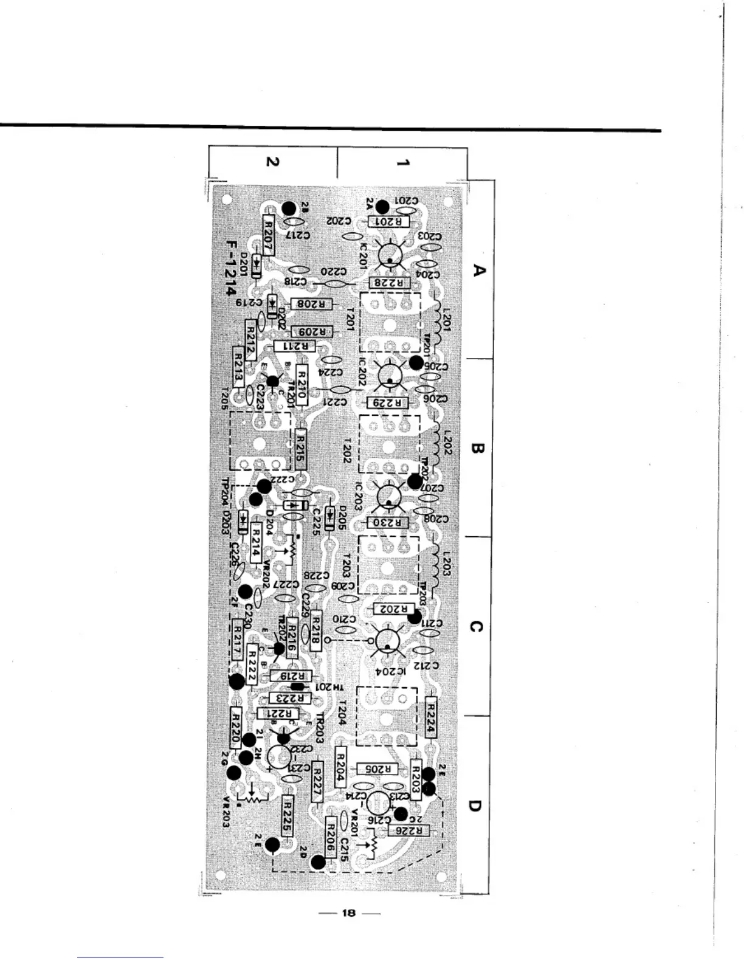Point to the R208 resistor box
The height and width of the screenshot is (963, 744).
coord(312,304)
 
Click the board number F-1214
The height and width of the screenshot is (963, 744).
coord(232,268)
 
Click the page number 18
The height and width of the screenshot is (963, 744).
coord(348,913)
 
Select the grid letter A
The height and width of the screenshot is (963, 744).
coord(479,270)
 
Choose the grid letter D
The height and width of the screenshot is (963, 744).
coord(476,806)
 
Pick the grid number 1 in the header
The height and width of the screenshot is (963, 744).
coord(402,162)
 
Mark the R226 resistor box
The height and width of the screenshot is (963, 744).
coord(413,830)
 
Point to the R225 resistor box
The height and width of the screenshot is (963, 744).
coord(288,816)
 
